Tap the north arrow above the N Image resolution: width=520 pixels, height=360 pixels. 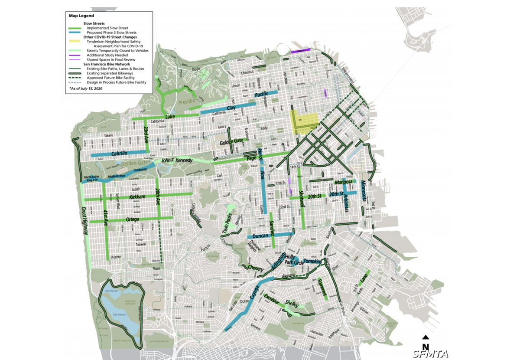click(426, 337)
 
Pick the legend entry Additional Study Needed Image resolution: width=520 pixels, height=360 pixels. click(107, 55)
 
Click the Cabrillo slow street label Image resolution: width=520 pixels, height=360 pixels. click(119, 153)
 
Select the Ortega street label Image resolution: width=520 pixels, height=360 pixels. click(132, 219)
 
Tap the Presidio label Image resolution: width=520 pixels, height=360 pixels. click(188, 103)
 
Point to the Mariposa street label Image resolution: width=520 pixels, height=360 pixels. click(345, 182)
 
